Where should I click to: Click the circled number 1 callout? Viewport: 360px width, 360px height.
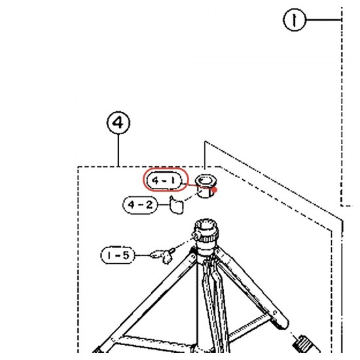click(x=295, y=20)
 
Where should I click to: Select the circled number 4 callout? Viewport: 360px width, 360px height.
click(x=118, y=123)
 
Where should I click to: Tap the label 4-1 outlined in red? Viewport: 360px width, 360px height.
click(x=166, y=179)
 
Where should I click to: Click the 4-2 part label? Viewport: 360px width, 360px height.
click(x=140, y=205)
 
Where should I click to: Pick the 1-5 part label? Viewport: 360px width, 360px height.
click(x=118, y=255)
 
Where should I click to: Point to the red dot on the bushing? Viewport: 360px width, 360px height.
click(x=215, y=190)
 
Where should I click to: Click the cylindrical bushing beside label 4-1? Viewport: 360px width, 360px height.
click(x=206, y=186)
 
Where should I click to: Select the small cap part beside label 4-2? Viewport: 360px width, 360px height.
click(x=177, y=205)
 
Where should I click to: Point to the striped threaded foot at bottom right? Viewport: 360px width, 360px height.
click(x=303, y=343)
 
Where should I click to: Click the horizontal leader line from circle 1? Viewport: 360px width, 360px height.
click(x=323, y=20)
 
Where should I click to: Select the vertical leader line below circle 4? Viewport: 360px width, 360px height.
click(x=118, y=151)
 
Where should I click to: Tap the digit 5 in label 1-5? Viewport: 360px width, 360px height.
click(x=126, y=255)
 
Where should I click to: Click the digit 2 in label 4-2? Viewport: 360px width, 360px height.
click(x=149, y=205)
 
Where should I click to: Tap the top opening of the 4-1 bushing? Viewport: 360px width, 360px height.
click(x=206, y=180)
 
